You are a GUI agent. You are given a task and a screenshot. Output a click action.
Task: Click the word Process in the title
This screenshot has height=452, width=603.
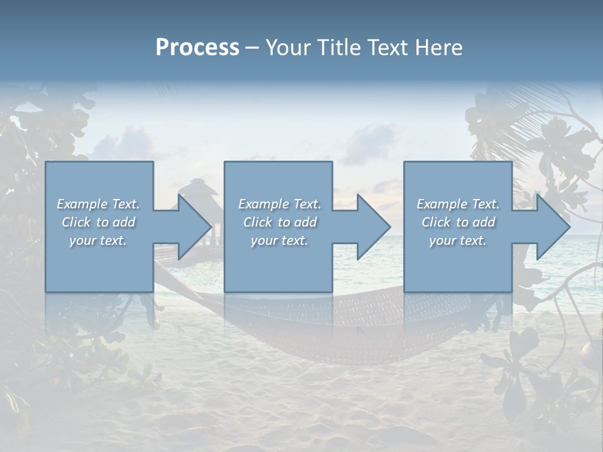[197, 48]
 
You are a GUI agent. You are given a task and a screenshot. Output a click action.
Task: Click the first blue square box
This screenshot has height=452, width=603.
[99, 264]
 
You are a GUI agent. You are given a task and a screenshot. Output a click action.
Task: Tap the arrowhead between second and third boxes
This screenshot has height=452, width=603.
[372, 227]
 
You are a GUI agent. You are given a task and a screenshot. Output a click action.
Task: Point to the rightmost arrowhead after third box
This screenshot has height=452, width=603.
[552, 227]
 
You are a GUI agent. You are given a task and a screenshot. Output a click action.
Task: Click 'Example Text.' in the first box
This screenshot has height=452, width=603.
[99, 204]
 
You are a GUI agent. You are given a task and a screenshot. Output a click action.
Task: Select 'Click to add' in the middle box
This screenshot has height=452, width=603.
[280, 222]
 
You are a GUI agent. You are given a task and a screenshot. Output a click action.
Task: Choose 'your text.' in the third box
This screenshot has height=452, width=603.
[457, 240]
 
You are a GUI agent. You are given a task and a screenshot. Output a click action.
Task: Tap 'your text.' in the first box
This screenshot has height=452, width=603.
[98, 240]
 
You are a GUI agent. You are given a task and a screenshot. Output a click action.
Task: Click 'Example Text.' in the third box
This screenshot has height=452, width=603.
[458, 204]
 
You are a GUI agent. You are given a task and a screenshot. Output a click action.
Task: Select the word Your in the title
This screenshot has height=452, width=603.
[288, 48]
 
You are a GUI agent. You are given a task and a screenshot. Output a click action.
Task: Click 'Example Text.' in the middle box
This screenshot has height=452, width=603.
[280, 204]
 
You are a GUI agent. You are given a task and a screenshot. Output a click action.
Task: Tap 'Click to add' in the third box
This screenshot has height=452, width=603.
[458, 222]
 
